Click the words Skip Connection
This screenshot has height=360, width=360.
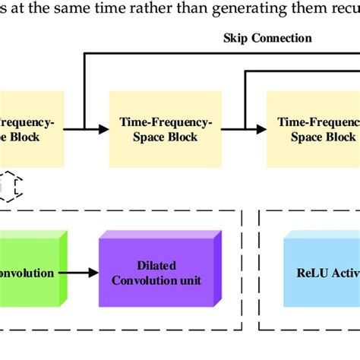point(267,37)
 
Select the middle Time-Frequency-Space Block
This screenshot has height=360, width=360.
point(164,128)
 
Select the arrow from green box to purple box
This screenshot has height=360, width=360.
point(83,273)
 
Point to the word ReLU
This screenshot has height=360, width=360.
point(314,273)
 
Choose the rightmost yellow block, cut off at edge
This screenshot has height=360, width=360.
point(312,128)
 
